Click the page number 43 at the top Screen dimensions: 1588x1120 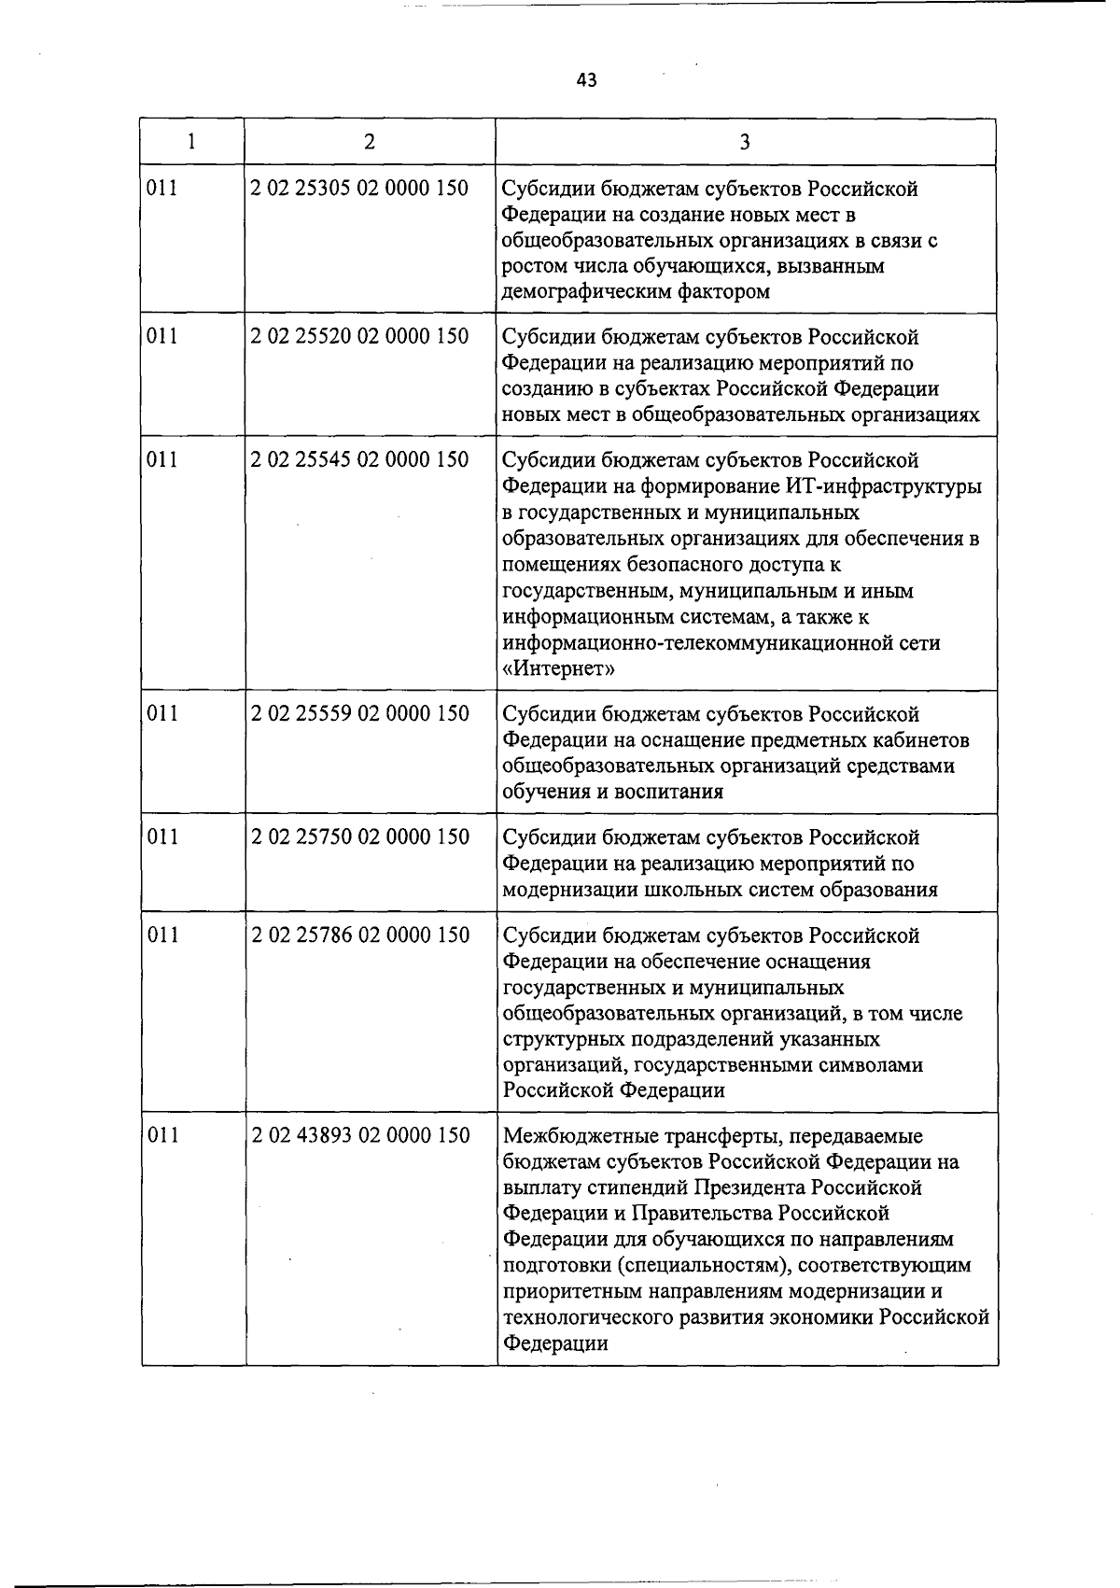(x=586, y=80)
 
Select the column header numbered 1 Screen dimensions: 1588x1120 (x=191, y=142)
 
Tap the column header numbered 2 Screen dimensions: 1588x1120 (x=370, y=142)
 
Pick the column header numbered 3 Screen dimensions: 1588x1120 (x=744, y=142)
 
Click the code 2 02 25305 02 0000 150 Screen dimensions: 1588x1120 (x=359, y=189)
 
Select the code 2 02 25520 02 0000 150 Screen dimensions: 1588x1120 (x=359, y=336)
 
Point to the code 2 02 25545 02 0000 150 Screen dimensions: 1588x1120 (x=359, y=460)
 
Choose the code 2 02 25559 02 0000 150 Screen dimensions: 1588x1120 (x=359, y=714)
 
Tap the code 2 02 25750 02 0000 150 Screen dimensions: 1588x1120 (x=359, y=837)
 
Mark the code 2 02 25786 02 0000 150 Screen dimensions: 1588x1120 (x=359, y=935)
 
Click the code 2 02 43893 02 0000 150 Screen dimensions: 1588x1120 (x=359, y=1136)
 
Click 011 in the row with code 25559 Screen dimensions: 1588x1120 (x=162, y=714)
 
